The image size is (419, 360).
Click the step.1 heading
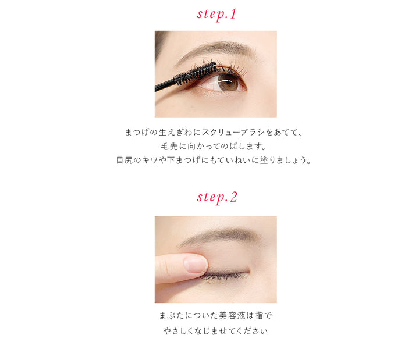point(216,15)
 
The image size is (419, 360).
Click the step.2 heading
point(216,197)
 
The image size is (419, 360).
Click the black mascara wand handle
point(165,86)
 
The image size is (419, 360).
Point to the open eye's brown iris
point(228,82)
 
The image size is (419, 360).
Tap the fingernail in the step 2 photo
point(195,265)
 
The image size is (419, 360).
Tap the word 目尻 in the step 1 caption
point(125,160)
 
